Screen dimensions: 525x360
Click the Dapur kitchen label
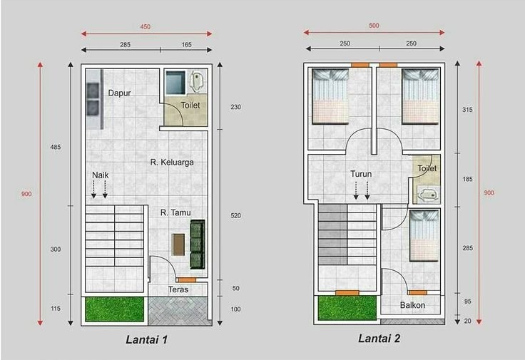click(119, 93)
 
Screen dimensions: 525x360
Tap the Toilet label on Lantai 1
click(190, 106)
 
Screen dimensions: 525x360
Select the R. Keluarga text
click(172, 163)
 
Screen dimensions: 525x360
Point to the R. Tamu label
click(175, 212)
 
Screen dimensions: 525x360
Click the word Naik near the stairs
click(101, 175)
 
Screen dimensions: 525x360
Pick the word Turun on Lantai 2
click(361, 174)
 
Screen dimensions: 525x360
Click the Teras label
click(178, 289)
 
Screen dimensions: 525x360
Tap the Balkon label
click(412, 305)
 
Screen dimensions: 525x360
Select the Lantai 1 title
click(146, 339)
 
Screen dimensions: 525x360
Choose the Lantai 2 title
click(379, 338)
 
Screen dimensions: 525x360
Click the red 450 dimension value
click(146, 27)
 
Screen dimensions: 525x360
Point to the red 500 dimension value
click(374, 26)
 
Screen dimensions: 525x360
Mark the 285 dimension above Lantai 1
click(126, 44)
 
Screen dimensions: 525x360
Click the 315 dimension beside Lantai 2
click(467, 109)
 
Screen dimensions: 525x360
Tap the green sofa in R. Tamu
click(197, 245)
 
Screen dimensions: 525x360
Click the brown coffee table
click(178, 245)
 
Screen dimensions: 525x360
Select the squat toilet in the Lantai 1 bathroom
click(196, 81)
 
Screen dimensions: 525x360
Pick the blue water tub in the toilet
click(175, 82)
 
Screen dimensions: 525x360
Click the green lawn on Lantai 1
click(115, 309)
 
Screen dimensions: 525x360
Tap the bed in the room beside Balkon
click(424, 235)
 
